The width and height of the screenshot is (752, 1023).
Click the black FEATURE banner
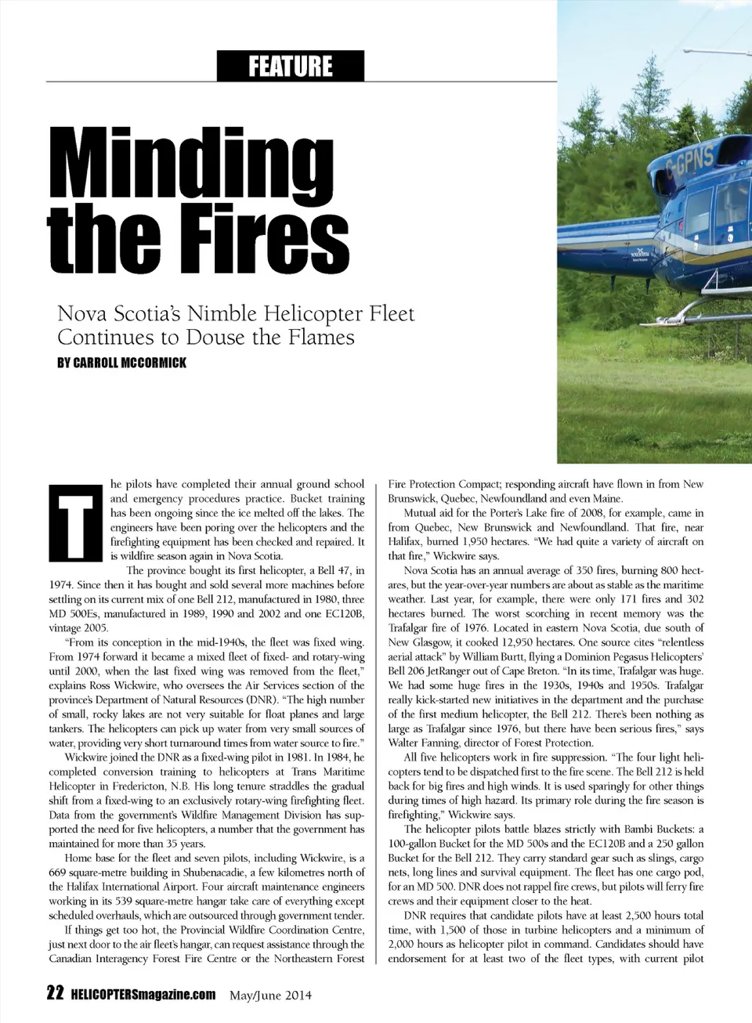point(291,66)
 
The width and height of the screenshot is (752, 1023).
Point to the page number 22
point(55,994)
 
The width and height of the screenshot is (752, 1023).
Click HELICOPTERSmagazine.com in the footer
point(143,995)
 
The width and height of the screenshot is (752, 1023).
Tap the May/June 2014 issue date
point(270,996)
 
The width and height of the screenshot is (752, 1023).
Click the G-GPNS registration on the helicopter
point(689,164)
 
